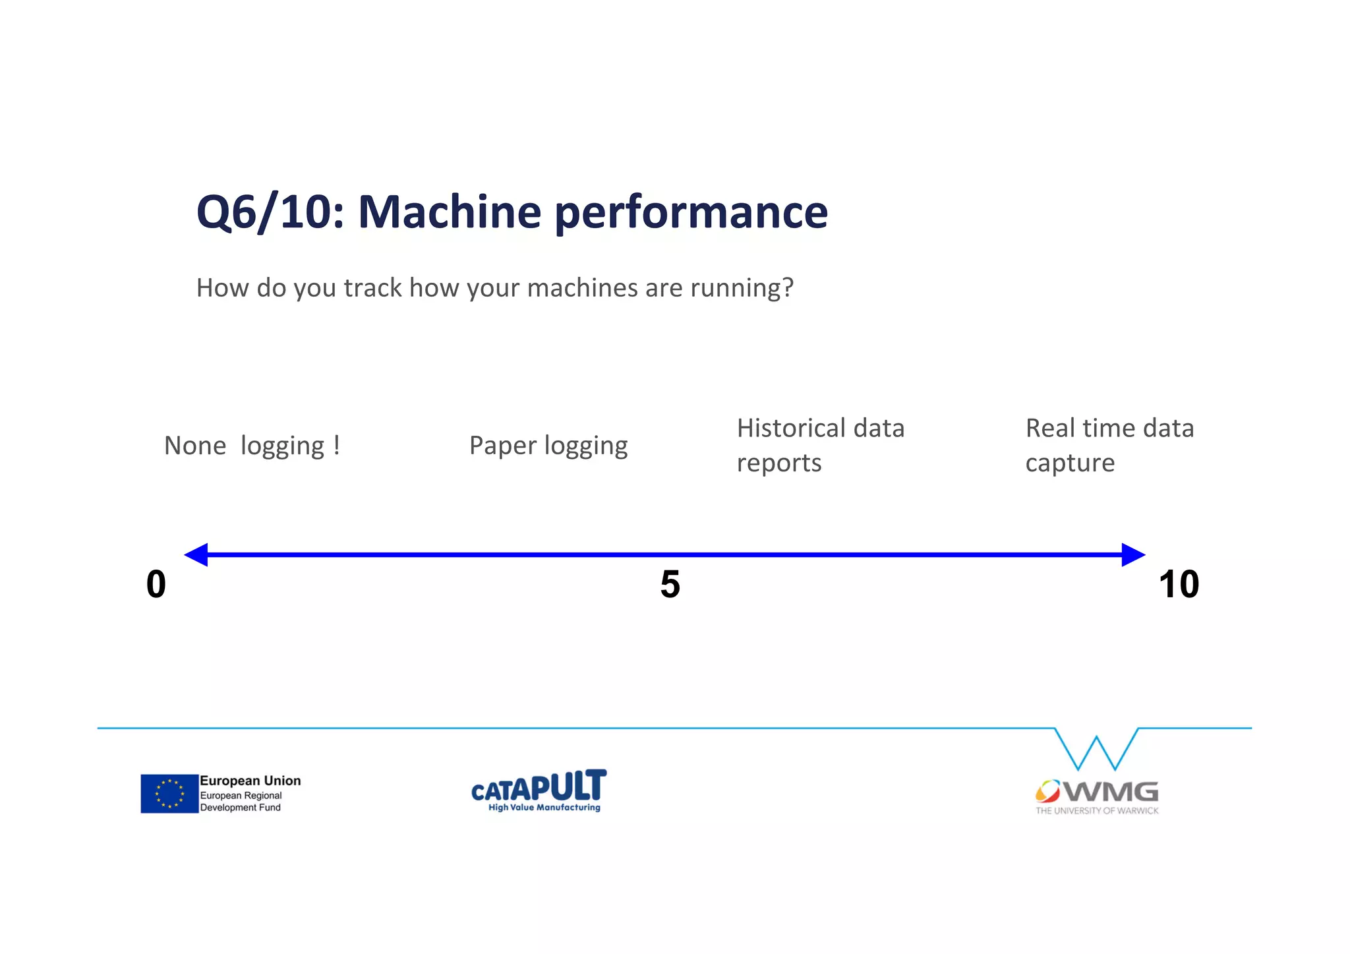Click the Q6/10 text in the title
click(x=270, y=212)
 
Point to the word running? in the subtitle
click(x=742, y=288)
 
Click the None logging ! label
click(x=252, y=446)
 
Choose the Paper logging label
click(x=548, y=446)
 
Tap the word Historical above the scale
click(x=790, y=429)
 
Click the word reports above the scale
click(x=778, y=463)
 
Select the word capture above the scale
click(x=1069, y=463)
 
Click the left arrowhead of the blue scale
click(x=196, y=554)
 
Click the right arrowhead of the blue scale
click(x=1132, y=554)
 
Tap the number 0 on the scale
click(x=156, y=584)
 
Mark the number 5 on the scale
click(x=670, y=584)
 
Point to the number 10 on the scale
click(x=1179, y=584)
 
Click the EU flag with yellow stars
click(x=169, y=793)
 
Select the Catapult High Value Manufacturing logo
click(x=539, y=790)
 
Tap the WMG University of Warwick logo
click(x=1096, y=796)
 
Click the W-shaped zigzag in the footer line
click(x=1096, y=750)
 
